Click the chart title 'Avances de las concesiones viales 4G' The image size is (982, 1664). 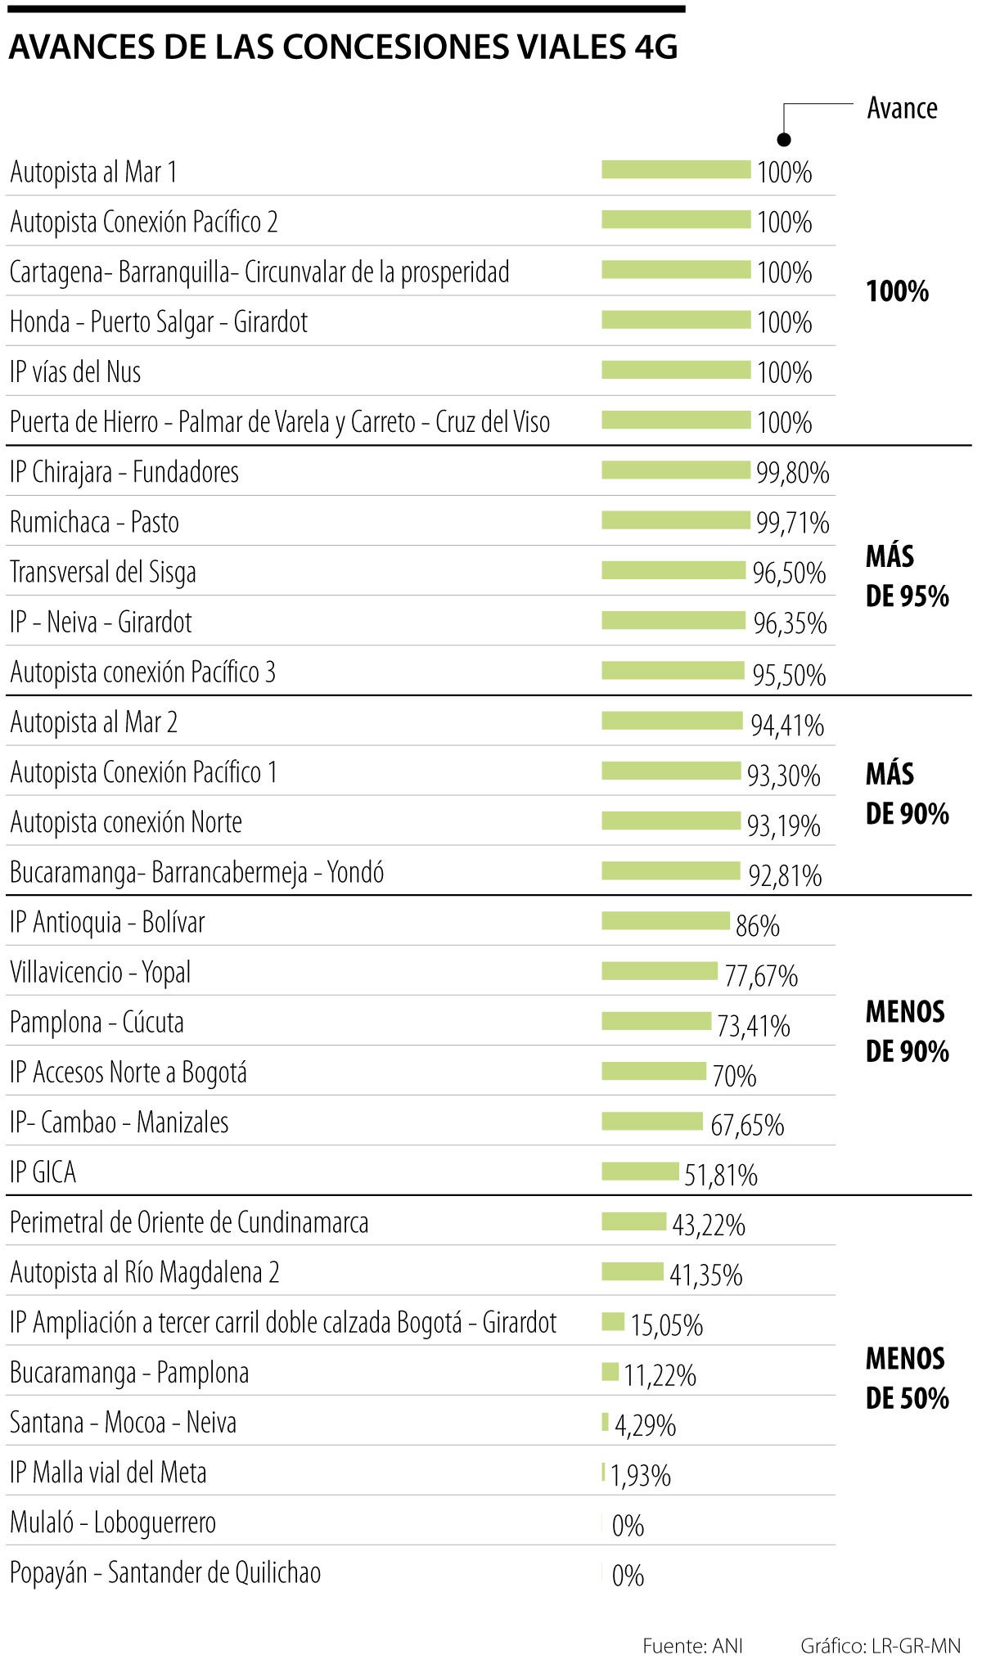tap(343, 48)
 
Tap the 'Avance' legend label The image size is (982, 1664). tap(902, 108)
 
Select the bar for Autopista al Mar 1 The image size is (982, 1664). tap(676, 169)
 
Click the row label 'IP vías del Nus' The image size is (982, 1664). tap(75, 372)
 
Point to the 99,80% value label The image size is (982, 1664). tap(792, 473)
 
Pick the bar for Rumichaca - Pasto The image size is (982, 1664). tap(676, 519)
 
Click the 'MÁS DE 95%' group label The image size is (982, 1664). tap(907, 576)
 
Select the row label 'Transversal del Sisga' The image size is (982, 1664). tap(103, 572)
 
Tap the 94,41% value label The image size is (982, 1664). tap(787, 725)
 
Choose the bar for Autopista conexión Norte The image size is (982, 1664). tap(670, 820)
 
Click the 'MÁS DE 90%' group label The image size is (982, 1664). tap(907, 794)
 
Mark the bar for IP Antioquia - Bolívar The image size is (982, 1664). tap(665, 921)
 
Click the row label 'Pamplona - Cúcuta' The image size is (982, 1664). tap(97, 1023)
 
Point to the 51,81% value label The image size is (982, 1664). tap(721, 1176)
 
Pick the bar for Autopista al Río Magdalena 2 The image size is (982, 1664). tap(633, 1271)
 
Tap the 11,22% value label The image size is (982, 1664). tap(660, 1375)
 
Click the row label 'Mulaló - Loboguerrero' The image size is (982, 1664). tap(113, 1522)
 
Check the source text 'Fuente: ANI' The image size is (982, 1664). tap(692, 1645)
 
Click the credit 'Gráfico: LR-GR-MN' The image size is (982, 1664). tap(881, 1645)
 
